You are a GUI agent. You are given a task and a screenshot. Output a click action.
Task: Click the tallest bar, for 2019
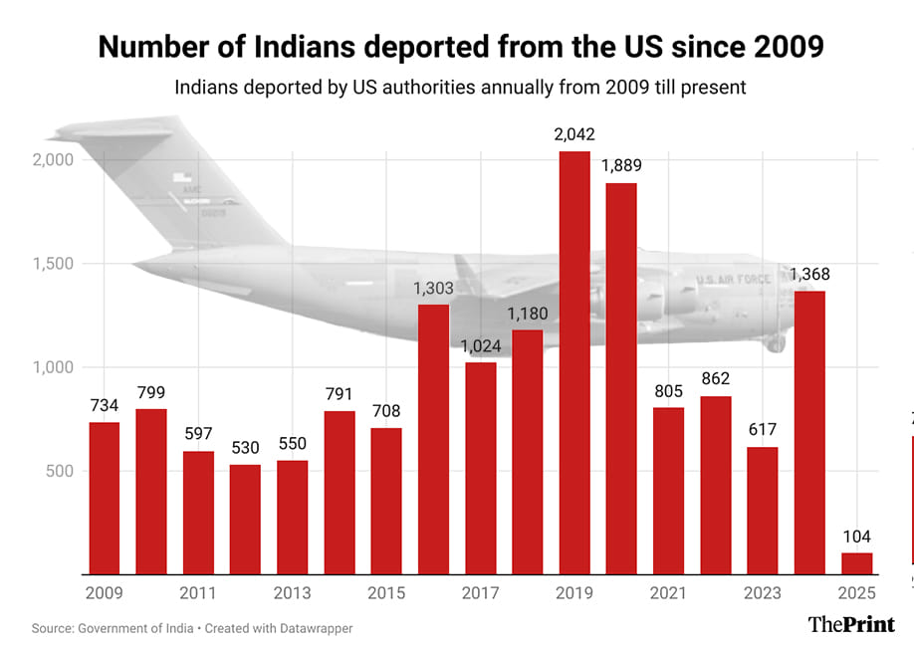coord(574,363)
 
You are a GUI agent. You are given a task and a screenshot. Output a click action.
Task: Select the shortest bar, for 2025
coord(856,563)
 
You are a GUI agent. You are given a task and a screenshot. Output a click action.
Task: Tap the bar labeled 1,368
coord(809,433)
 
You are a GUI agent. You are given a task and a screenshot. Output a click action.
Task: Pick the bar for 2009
coord(105,498)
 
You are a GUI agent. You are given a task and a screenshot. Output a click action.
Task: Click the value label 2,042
coord(574,134)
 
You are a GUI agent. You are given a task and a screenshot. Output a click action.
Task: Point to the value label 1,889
coord(621,165)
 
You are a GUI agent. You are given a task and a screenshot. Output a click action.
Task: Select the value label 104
coord(856,536)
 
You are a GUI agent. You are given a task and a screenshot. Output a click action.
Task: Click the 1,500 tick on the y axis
coord(52,264)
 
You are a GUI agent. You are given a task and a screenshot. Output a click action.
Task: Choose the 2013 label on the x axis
coord(293,593)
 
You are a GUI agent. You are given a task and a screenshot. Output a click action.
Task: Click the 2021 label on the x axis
coord(668,593)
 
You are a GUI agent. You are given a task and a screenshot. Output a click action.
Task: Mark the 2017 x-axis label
coord(481,593)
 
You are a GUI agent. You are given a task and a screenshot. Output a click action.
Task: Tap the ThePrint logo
coord(850,624)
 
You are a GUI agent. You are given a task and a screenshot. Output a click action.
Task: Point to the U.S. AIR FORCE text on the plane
coord(733,280)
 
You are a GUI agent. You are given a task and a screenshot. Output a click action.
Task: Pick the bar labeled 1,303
coord(434,438)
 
